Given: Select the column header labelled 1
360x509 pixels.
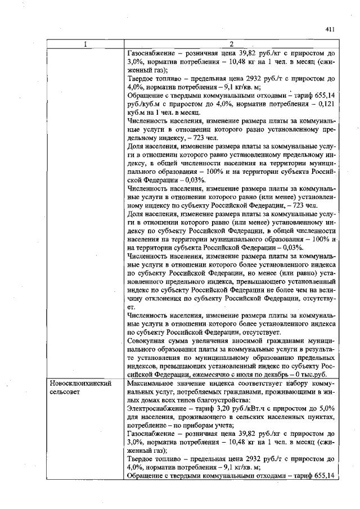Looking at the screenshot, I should (85, 45).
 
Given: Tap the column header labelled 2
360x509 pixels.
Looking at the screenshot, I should (232, 45).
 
